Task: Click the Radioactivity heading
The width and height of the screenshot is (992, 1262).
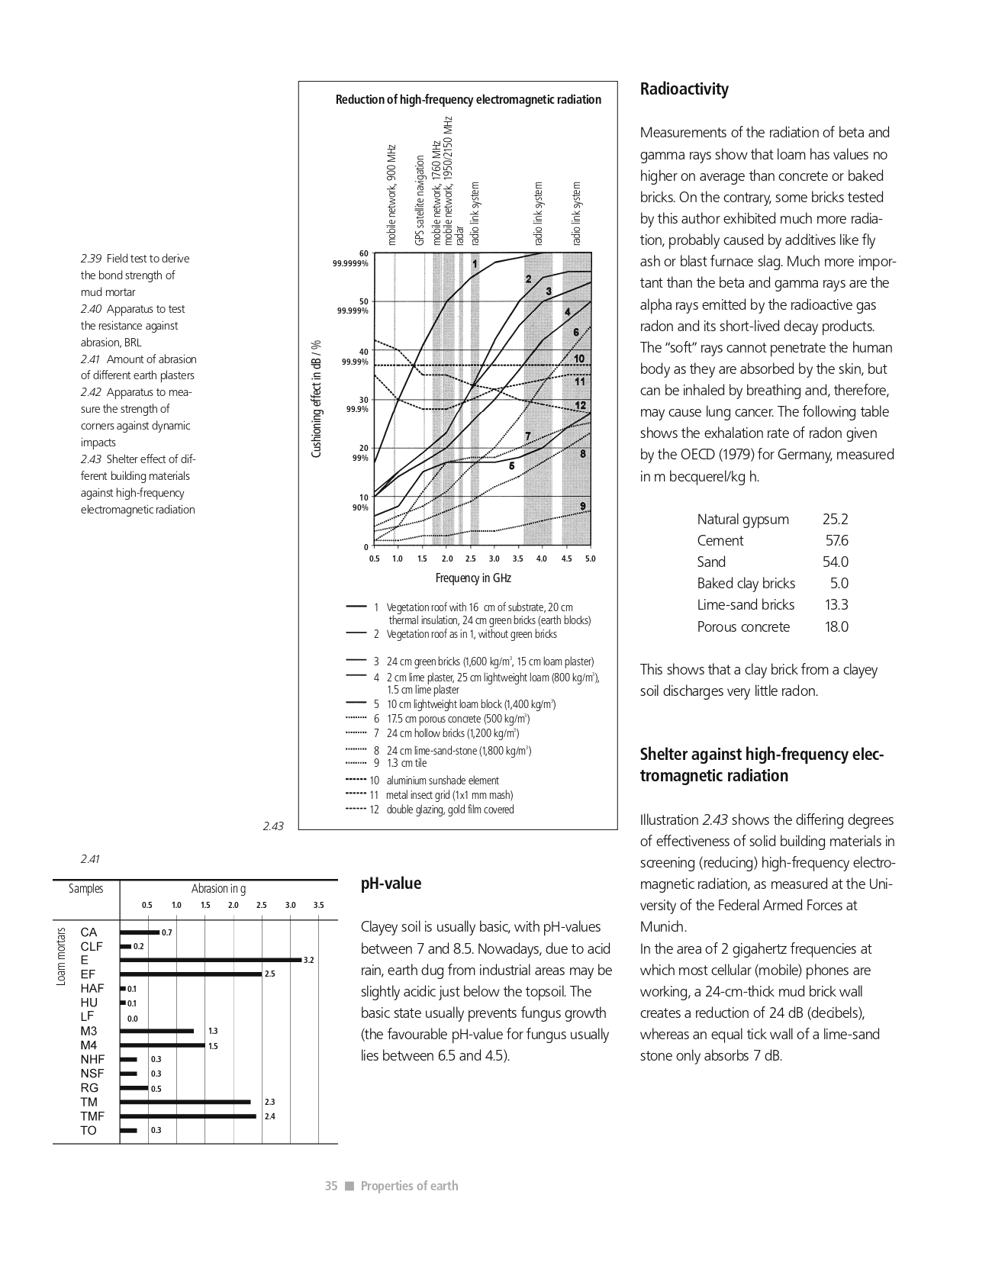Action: click(x=684, y=89)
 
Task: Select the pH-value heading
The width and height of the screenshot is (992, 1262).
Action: click(x=391, y=884)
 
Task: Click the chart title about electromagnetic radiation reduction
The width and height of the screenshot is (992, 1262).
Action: click(x=468, y=100)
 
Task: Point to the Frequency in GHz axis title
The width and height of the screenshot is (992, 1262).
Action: click(x=473, y=578)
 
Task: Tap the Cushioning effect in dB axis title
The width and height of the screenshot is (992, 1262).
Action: click(x=317, y=399)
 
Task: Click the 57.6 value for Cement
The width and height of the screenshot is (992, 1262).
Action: click(x=836, y=541)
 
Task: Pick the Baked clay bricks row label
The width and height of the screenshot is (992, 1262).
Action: click(x=746, y=584)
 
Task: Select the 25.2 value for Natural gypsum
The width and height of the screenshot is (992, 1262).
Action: click(x=835, y=520)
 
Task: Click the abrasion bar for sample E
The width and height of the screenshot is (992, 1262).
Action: click(x=211, y=960)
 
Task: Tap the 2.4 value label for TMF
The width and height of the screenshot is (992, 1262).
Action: click(x=269, y=1116)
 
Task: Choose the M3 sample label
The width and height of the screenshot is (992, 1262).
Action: click(x=89, y=1031)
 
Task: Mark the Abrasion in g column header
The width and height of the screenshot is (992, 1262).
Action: click(x=218, y=889)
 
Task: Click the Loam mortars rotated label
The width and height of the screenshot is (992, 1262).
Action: click(x=62, y=956)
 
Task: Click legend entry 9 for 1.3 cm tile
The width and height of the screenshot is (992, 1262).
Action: click(x=406, y=763)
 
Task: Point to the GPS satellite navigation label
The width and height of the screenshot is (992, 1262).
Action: click(x=420, y=201)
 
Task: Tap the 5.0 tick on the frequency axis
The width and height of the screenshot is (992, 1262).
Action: click(x=590, y=559)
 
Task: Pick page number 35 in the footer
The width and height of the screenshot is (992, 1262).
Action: click(x=331, y=1186)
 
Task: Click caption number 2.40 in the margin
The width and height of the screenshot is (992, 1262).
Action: click(x=91, y=309)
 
